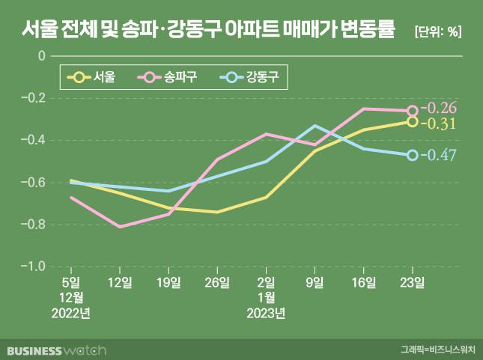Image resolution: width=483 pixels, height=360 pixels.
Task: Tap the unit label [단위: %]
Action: (x=438, y=31)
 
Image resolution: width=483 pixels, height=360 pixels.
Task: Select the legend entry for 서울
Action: (x=96, y=76)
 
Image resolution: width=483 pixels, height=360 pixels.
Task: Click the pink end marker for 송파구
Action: (x=413, y=111)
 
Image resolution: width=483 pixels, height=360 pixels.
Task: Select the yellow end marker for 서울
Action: (x=413, y=121)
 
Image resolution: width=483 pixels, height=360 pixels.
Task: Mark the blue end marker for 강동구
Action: (x=413, y=155)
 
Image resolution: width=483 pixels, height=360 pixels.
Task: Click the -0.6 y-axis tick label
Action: (x=34, y=182)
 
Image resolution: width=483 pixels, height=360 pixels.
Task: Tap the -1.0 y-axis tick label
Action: (x=34, y=266)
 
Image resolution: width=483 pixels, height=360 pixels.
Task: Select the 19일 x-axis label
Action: (x=168, y=282)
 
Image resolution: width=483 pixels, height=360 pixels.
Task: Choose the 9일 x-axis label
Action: (x=315, y=282)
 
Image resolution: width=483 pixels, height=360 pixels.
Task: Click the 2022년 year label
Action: (x=71, y=312)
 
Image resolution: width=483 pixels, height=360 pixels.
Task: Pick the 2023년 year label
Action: (x=266, y=312)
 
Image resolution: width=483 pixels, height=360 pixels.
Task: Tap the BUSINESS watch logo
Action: (x=57, y=350)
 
